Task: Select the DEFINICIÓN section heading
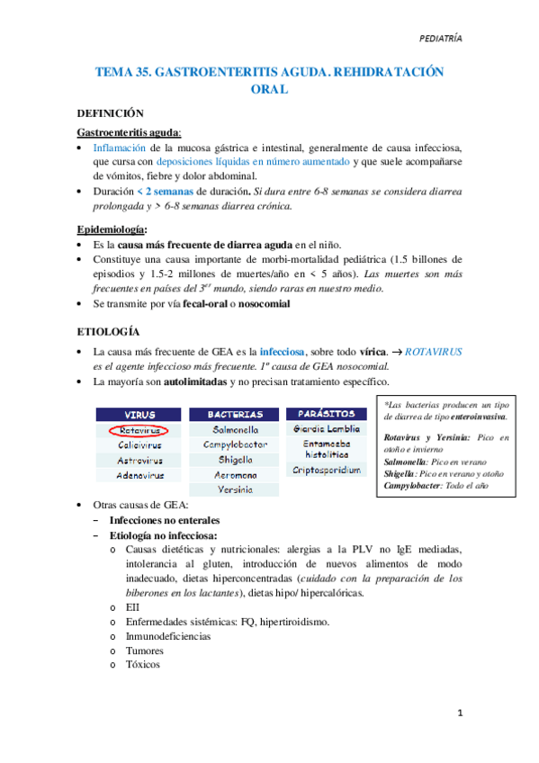pyautogui.click(x=111, y=114)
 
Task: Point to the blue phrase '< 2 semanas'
pyautogui.click(x=167, y=193)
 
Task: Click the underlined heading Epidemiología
pyautogui.click(x=112, y=230)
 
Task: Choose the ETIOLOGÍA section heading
pyautogui.click(x=108, y=329)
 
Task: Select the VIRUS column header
pyautogui.click(x=138, y=415)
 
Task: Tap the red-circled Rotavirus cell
pyautogui.click(x=138, y=430)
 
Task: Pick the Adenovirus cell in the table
pyautogui.click(x=138, y=474)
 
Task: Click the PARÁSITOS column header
pyautogui.click(x=326, y=414)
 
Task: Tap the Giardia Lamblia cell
pyautogui.click(x=326, y=429)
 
